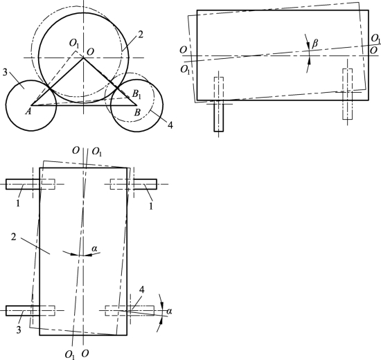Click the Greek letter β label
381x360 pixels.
coord(315,44)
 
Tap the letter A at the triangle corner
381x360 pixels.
coord(28,111)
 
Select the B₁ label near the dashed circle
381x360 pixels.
coord(136,94)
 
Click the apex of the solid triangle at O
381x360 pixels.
coord(84,57)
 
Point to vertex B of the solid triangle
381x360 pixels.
coord(136,105)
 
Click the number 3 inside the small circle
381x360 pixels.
coord(5,72)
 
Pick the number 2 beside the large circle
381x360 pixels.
coord(141,35)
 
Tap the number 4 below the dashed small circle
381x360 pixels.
coord(170,125)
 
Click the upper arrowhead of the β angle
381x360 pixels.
coord(308,46)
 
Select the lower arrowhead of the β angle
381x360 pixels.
coord(309,61)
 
